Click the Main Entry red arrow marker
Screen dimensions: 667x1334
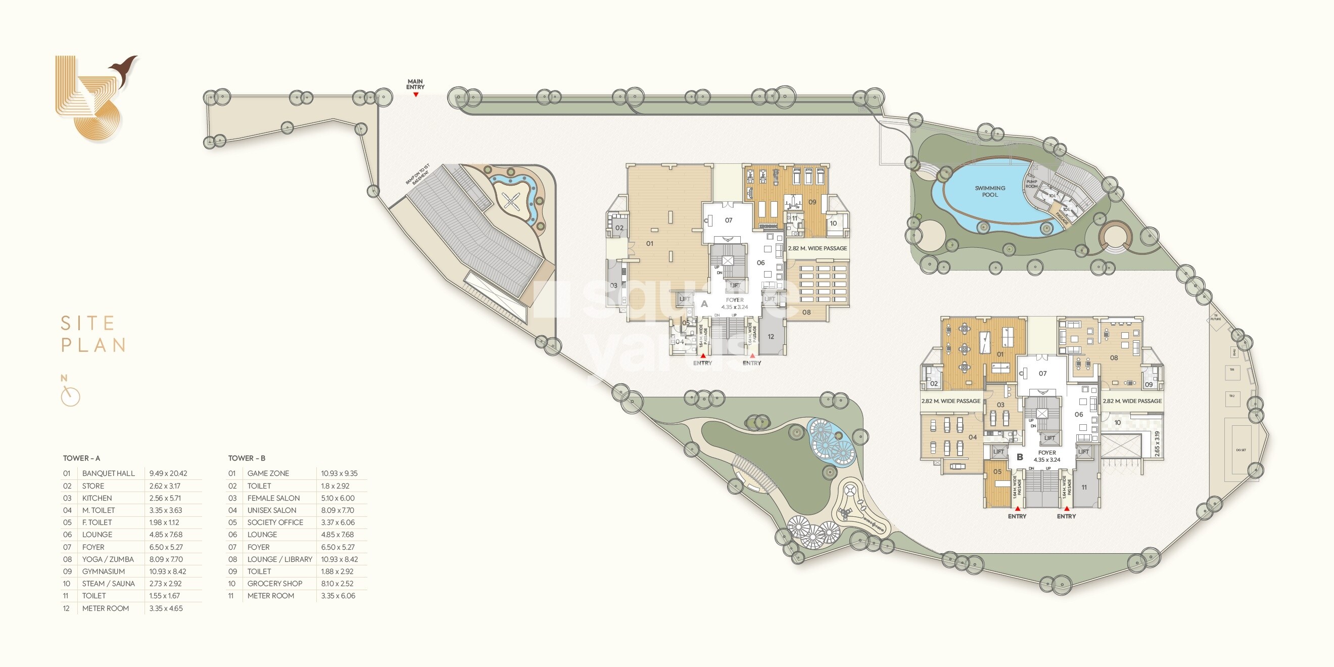(x=415, y=95)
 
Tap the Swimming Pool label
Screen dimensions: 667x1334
(x=989, y=191)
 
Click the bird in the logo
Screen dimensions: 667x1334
(x=124, y=70)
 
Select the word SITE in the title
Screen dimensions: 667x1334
(x=87, y=324)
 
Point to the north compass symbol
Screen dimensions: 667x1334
(x=70, y=396)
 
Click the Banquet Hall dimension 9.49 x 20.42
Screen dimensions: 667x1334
(x=168, y=473)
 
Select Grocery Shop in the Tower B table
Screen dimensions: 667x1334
(x=274, y=584)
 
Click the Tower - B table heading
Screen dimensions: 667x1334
(x=247, y=458)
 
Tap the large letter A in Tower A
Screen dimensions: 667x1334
(x=704, y=304)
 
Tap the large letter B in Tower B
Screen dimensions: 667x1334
(x=1020, y=457)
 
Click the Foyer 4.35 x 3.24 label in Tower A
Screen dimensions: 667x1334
(x=734, y=303)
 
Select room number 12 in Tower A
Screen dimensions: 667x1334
(x=771, y=337)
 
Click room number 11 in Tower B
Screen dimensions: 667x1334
(x=1084, y=487)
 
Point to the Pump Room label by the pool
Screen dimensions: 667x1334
(x=1031, y=184)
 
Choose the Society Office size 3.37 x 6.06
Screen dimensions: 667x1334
(x=337, y=522)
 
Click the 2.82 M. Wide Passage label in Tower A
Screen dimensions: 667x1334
(x=817, y=248)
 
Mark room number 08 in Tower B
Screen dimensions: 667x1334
(x=1113, y=358)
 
